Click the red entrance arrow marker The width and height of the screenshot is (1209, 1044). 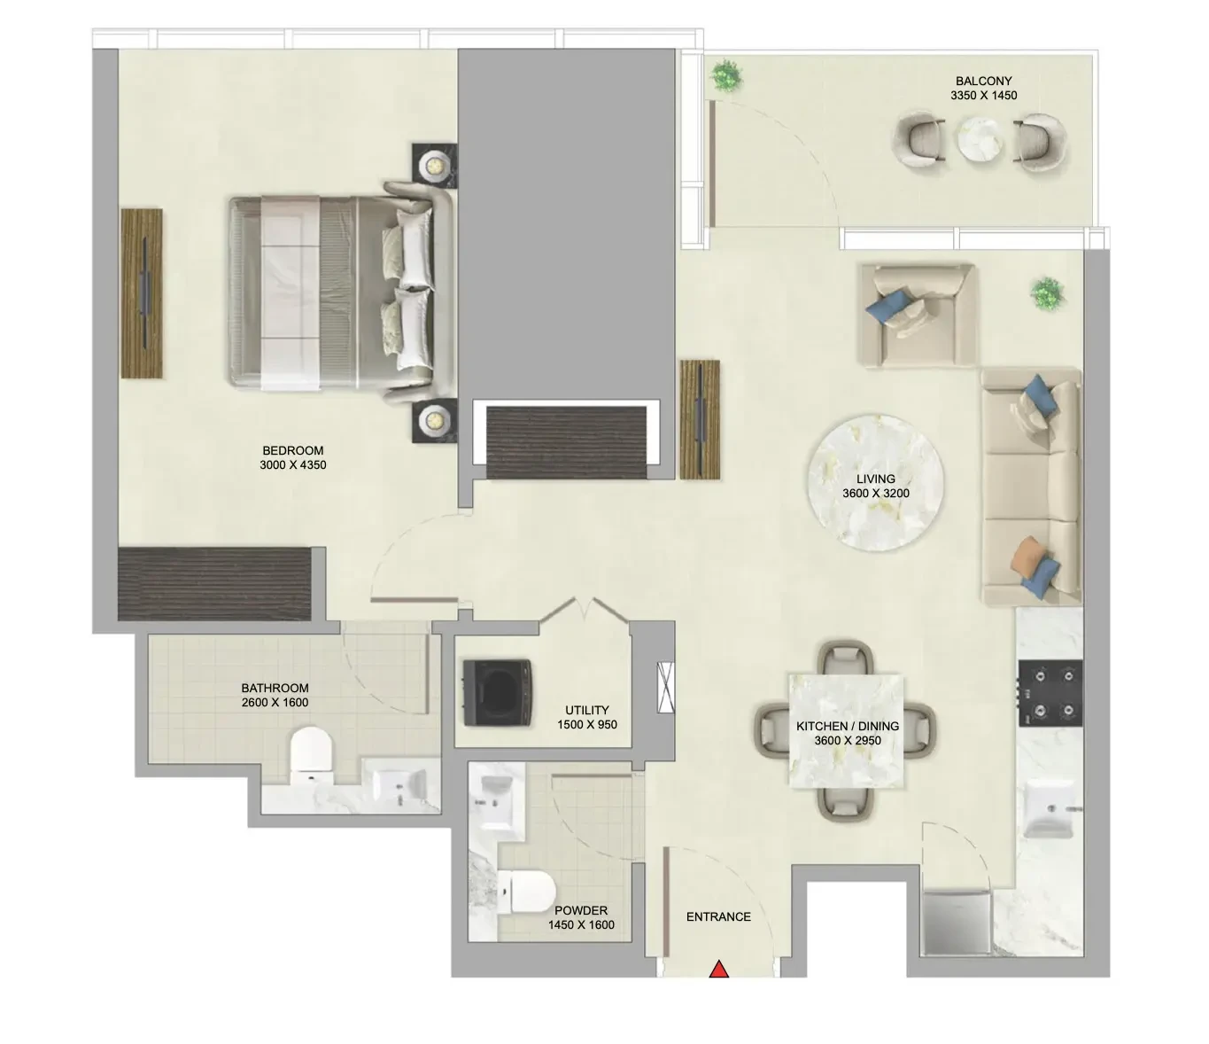(719, 970)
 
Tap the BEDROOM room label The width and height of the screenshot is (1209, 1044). (292, 450)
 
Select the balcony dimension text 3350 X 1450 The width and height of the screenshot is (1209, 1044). (983, 96)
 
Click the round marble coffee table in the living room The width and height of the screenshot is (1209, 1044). (876, 487)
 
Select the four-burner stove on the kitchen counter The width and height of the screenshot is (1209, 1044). (1050, 692)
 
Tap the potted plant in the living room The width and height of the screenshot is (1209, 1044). (1047, 292)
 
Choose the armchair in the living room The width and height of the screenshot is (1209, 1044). (916, 314)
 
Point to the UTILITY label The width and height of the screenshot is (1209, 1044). (587, 710)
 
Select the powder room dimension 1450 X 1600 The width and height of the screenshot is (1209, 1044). (581, 925)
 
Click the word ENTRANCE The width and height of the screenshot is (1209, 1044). (718, 917)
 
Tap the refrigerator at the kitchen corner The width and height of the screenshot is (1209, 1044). (956, 923)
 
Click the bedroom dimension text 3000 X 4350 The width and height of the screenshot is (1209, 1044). (292, 464)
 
